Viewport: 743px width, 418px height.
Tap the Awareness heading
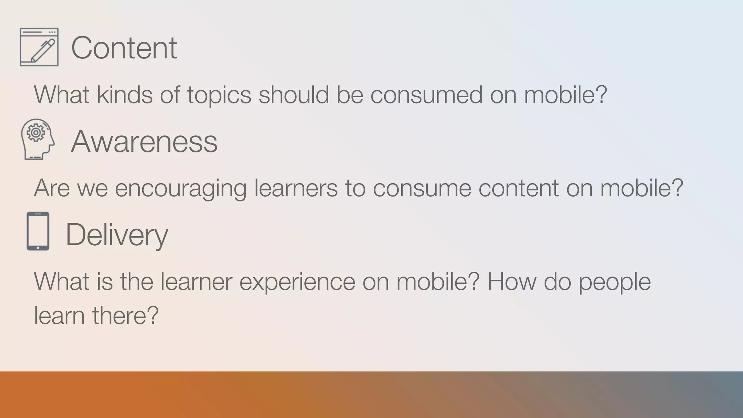click(x=144, y=141)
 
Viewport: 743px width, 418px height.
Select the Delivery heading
click(x=116, y=235)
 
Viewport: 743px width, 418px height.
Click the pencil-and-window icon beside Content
click(x=39, y=47)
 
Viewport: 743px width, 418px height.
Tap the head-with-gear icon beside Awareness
click(x=38, y=139)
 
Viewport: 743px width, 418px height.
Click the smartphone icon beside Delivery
click(x=38, y=231)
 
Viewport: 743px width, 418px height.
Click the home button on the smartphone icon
click(x=38, y=248)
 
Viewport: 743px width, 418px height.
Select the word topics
click(x=219, y=95)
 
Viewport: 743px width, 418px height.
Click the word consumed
click(x=426, y=95)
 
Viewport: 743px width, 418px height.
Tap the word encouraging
click(x=181, y=188)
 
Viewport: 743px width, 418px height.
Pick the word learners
click(x=296, y=188)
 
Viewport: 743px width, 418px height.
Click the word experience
click(x=297, y=282)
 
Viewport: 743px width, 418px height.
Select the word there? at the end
click(x=125, y=315)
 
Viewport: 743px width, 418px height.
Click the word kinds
click(x=124, y=95)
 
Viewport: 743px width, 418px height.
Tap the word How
click(x=511, y=282)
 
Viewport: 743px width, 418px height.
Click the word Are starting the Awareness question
click(x=52, y=188)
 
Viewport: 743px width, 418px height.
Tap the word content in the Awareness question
click(x=518, y=188)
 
